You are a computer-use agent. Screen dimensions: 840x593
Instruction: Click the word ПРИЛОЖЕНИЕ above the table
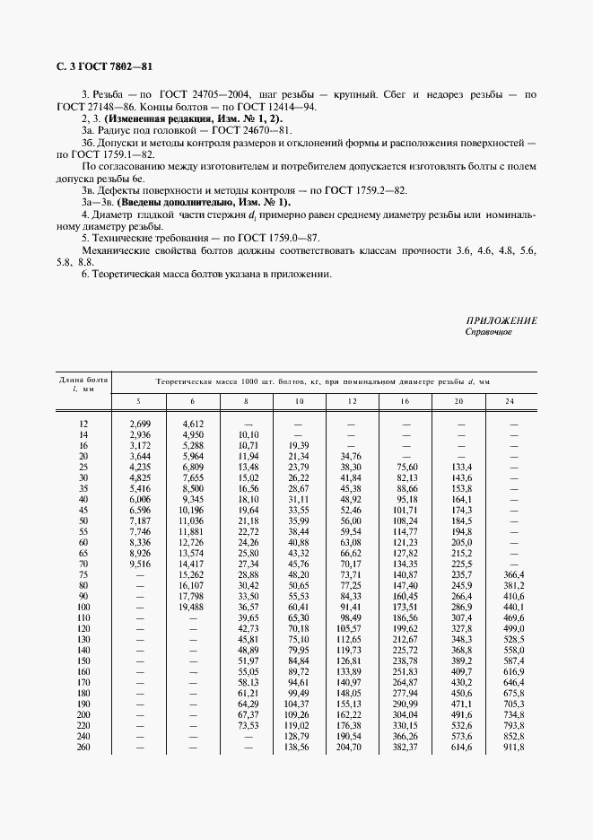pyautogui.click(x=501, y=320)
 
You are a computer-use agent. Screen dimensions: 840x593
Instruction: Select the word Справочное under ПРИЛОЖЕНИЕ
pyautogui.click(x=488, y=332)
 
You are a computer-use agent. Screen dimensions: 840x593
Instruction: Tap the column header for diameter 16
pyautogui.click(x=406, y=400)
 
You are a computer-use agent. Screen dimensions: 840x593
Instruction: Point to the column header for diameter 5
pyautogui.click(x=138, y=400)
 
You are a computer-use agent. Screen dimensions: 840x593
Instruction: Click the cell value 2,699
pyautogui.click(x=139, y=423)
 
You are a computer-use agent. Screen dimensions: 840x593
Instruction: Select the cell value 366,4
pyautogui.click(x=514, y=574)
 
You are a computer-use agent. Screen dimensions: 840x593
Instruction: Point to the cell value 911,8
pyautogui.click(x=514, y=747)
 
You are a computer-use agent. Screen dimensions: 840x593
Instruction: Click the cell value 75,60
pyautogui.click(x=406, y=467)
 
